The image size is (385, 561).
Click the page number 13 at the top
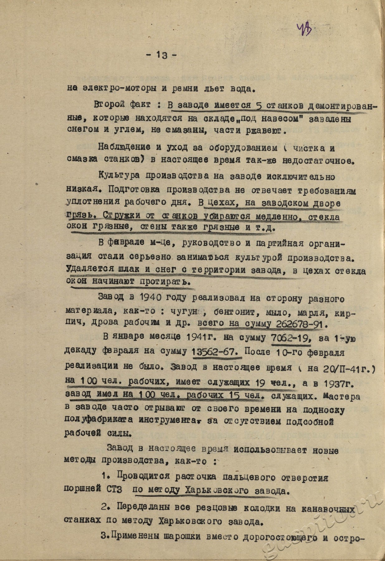click(x=162, y=55)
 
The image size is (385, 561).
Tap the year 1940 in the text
click(x=150, y=298)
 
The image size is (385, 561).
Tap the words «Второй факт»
click(x=122, y=104)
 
